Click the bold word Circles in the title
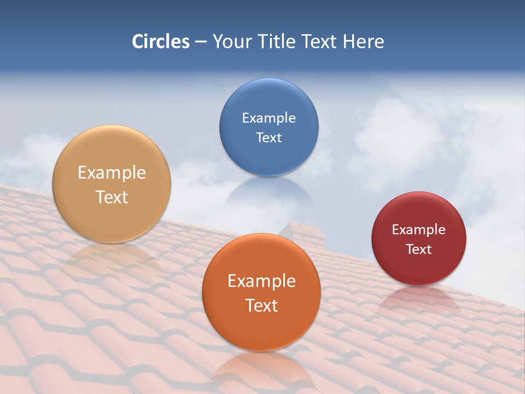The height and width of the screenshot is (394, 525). [160, 42]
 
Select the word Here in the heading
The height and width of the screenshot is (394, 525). [364, 42]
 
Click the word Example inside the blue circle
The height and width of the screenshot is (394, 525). [269, 118]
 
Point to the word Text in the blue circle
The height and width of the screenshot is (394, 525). [269, 137]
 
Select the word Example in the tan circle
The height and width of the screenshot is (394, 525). [112, 173]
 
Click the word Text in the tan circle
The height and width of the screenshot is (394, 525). [112, 197]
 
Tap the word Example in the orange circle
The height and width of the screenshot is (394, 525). [261, 281]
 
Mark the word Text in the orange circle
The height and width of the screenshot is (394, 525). [261, 305]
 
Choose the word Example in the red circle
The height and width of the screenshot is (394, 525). [418, 230]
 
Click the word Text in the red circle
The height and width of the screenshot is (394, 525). [418, 250]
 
